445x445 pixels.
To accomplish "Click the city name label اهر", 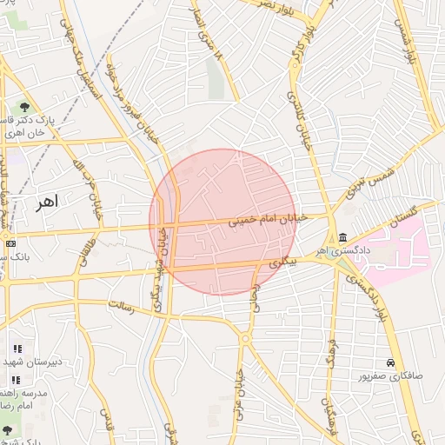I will click(x=47, y=202).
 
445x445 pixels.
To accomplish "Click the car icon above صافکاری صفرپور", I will click(x=391, y=362).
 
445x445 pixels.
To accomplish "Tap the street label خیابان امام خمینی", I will click(x=269, y=222).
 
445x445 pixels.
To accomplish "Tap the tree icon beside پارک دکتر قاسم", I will click(x=23, y=108).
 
